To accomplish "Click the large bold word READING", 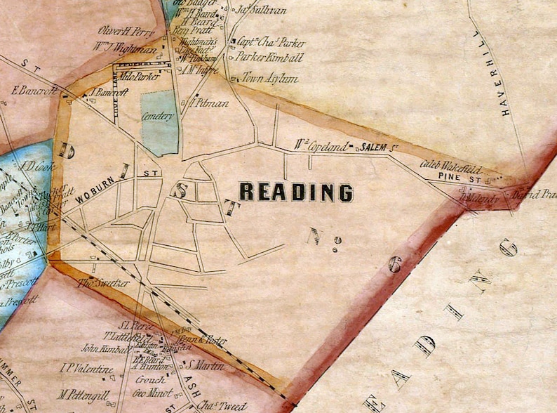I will click(x=296, y=192).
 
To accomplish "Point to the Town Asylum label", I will click(x=269, y=79).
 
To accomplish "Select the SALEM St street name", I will click(x=375, y=147).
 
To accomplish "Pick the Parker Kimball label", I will click(x=270, y=58).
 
